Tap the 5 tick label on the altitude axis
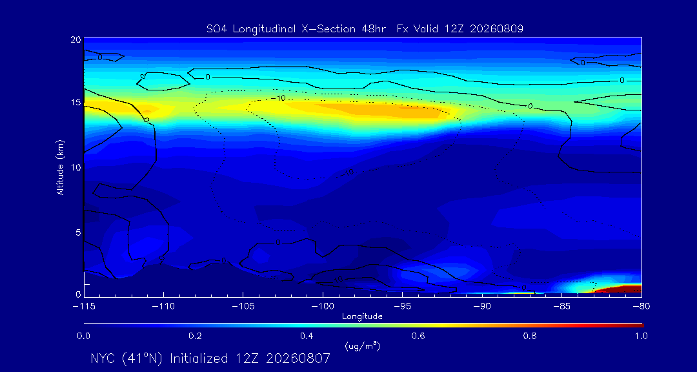click(x=78, y=232)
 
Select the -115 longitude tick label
click(x=83, y=306)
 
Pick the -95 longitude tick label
click(x=402, y=306)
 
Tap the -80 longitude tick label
click(x=641, y=306)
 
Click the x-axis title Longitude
click(x=362, y=316)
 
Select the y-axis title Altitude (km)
click(x=60, y=167)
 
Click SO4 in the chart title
click(x=216, y=29)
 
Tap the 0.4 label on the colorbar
click(x=307, y=336)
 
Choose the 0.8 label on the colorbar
click(x=530, y=336)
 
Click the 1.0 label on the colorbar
click(x=641, y=336)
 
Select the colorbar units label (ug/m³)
click(x=362, y=346)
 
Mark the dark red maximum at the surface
click(x=620, y=289)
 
